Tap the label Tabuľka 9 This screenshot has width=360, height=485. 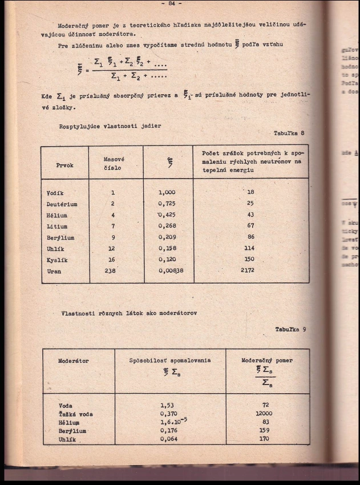(x=292, y=329)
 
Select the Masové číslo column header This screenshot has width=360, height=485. (x=114, y=163)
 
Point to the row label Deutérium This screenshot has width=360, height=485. (x=62, y=204)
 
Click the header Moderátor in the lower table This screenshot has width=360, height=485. (x=74, y=361)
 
